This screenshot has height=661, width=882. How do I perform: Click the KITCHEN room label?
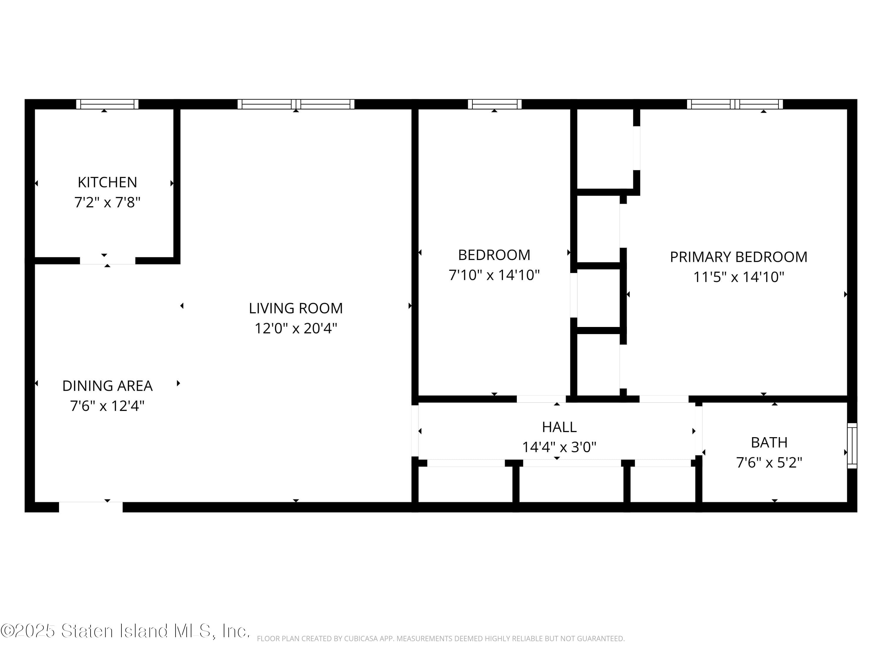point(107,182)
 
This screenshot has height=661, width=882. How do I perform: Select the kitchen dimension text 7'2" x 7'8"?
point(107,202)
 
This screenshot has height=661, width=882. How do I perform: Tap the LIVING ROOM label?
point(295,308)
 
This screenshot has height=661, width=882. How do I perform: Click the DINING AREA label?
point(107,386)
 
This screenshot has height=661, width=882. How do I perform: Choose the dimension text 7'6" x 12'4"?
point(107,406)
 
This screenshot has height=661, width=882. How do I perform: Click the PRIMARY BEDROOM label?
point(739,257)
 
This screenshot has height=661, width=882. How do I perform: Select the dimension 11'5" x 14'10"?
point(739,277)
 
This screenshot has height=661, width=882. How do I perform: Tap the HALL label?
point(559,427)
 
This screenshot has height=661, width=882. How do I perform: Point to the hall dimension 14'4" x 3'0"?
point(559,447)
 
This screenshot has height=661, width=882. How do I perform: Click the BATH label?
point(769,442)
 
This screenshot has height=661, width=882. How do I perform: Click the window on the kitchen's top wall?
point(107,104)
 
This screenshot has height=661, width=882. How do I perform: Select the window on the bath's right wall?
point(852,445)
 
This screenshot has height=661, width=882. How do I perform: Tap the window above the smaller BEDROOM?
point(495,104)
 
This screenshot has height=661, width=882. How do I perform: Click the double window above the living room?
point(295,104)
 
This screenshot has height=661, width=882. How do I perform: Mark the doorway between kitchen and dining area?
point(107,261)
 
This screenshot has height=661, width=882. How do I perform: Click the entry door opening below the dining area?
point(91,507)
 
